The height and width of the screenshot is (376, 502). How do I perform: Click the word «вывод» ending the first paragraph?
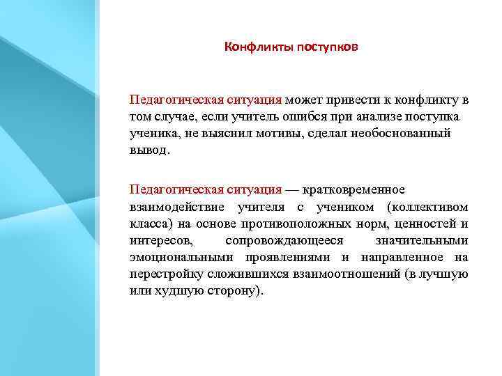[x=148, y=150]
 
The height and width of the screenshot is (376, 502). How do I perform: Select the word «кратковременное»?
[x=353, y=189]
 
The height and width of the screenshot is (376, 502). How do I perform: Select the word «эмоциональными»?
[x=171, y=257]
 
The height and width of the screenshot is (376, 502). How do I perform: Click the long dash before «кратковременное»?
[x=292, y=189]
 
